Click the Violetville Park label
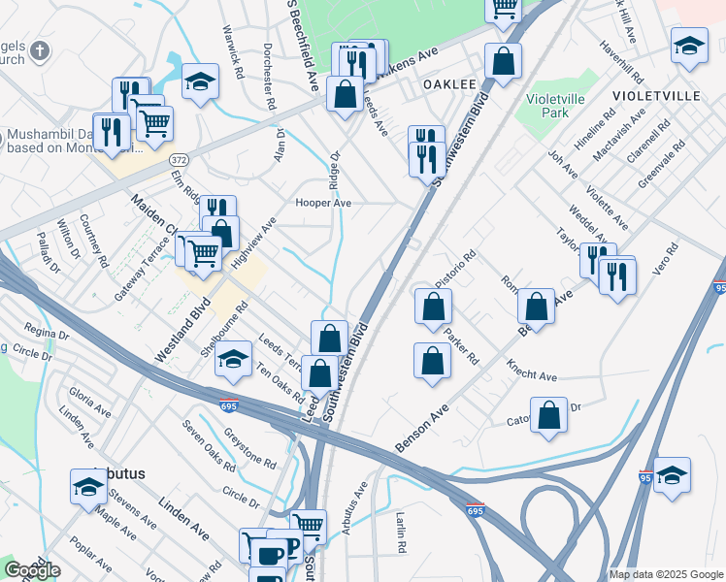560,106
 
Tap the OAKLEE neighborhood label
448,84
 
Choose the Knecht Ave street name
532,370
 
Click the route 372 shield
178,157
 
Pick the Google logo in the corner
32,570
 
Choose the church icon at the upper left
39,51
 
